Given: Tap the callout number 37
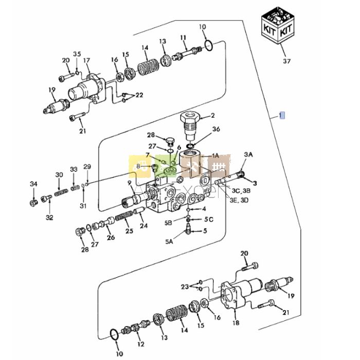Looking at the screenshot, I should tap(286, 62).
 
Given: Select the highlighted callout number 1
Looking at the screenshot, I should tap(281, 115).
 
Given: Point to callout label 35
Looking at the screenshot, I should tap(77, 55).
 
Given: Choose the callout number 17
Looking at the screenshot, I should tap(86, 60).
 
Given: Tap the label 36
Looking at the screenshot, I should tap(202, 129).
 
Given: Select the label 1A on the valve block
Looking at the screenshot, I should tap(215, 155).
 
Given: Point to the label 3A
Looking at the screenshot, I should tap(249, 154).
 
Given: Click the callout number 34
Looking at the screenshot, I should tap(33, 184).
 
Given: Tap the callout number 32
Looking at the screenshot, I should tap(49, 218).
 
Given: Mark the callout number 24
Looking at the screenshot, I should tap(144, 226).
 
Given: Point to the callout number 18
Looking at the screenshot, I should tap(237, 323).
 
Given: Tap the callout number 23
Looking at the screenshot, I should tap(185, 287).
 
